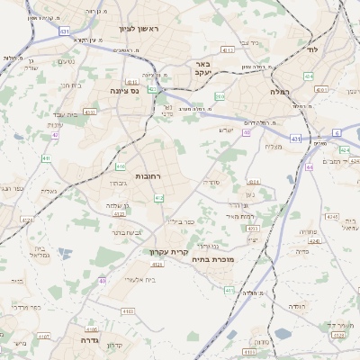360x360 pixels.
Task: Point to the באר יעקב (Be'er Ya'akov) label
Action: coord(202,69)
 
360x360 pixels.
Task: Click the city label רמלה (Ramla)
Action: coord(277,91)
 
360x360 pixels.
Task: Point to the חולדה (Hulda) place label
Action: coord(296,306)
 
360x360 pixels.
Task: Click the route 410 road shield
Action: coord(121,166)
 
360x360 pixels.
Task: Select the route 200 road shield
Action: coord(220,95)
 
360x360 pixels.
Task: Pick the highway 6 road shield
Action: coord(337,132)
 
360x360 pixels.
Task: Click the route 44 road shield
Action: coord(309,167)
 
